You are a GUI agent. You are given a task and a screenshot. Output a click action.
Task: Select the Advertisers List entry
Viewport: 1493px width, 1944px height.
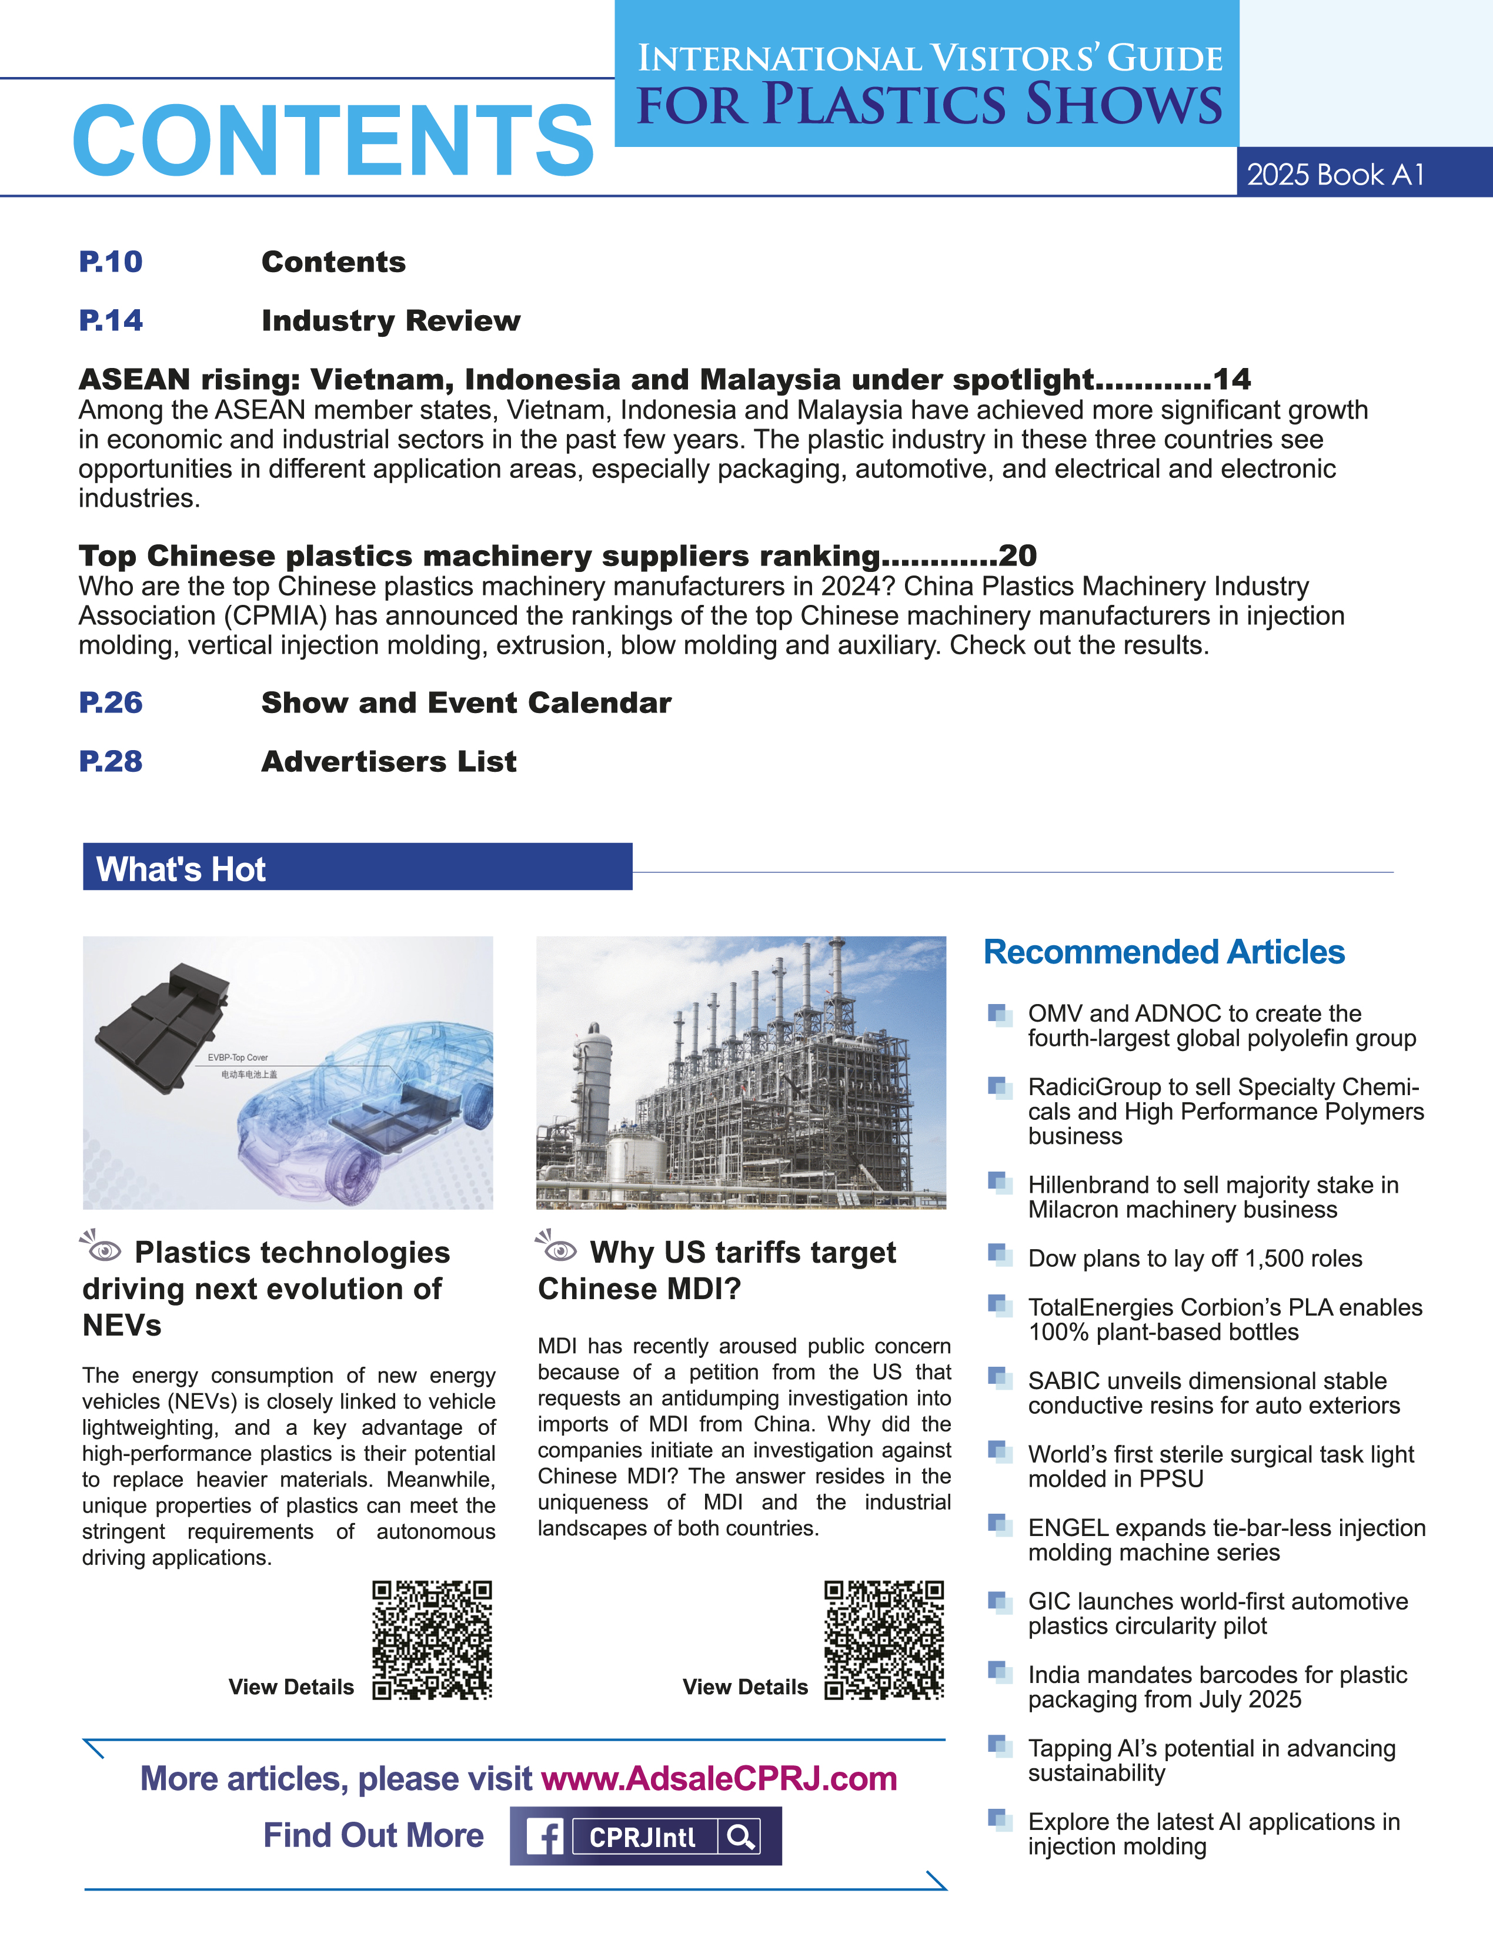pos(388,761)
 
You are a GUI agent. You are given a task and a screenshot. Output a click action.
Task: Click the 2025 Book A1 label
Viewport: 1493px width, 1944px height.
pos(1335,174)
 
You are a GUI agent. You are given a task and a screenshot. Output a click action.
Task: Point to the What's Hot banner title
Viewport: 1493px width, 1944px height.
pos(181,869)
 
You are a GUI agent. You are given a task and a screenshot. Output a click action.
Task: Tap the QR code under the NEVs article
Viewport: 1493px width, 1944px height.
pos(432,1639)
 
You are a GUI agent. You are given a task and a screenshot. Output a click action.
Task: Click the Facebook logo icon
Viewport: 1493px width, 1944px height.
pos(545,1836)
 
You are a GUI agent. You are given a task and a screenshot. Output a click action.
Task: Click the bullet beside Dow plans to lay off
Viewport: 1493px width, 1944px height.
pos(1000,1254)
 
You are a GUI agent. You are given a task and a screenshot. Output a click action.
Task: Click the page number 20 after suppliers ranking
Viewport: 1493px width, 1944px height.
pos(1017,556)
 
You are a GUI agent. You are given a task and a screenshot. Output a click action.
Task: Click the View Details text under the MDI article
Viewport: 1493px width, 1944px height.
pos(744,1687)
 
